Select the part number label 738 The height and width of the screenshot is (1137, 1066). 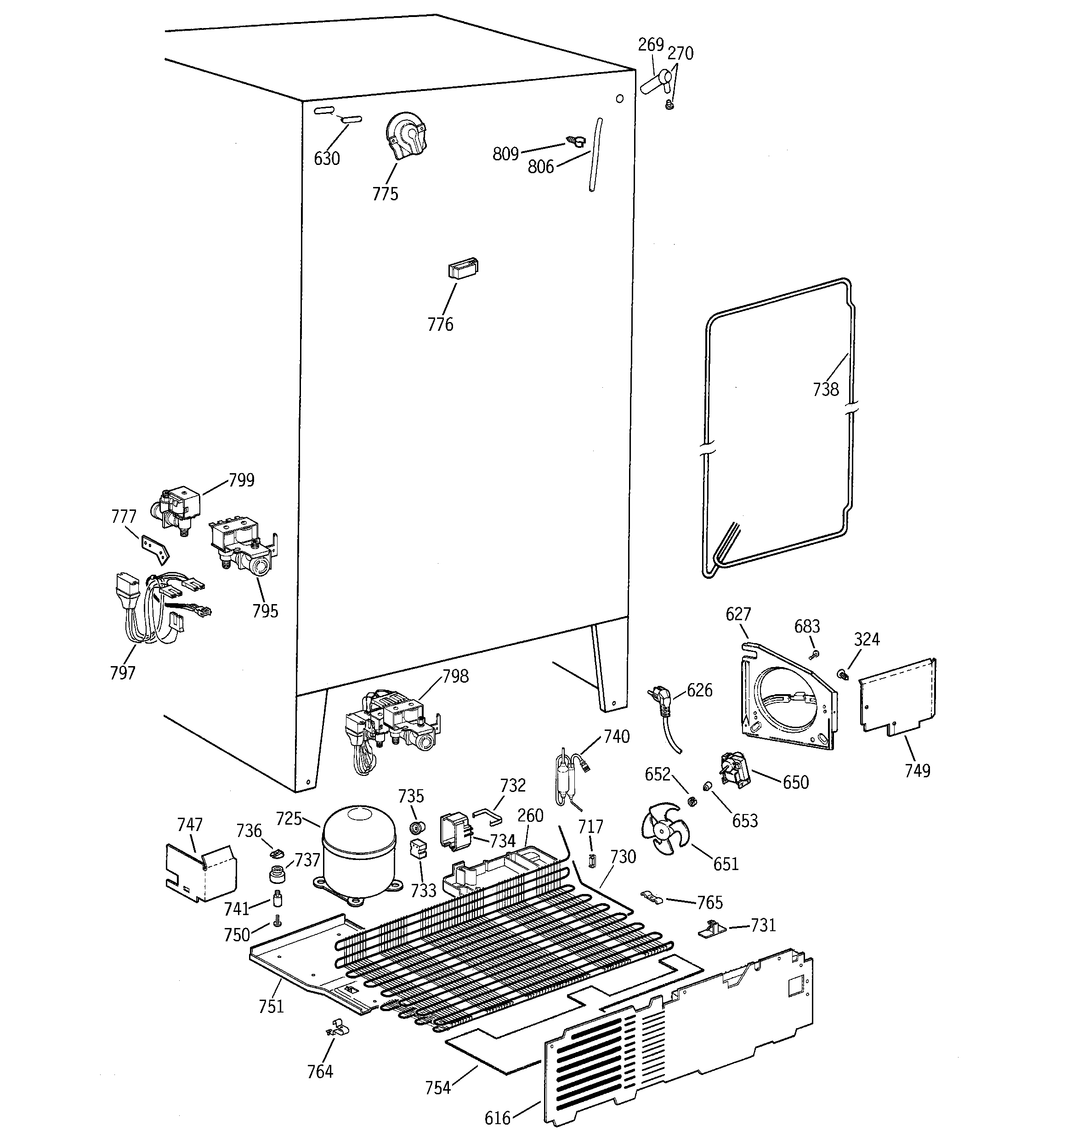826,390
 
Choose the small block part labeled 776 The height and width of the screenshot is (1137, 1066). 463,268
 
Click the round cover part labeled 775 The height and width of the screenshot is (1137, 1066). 406,136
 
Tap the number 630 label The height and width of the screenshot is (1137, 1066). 327,158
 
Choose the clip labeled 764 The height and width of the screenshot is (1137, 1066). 336,1030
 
